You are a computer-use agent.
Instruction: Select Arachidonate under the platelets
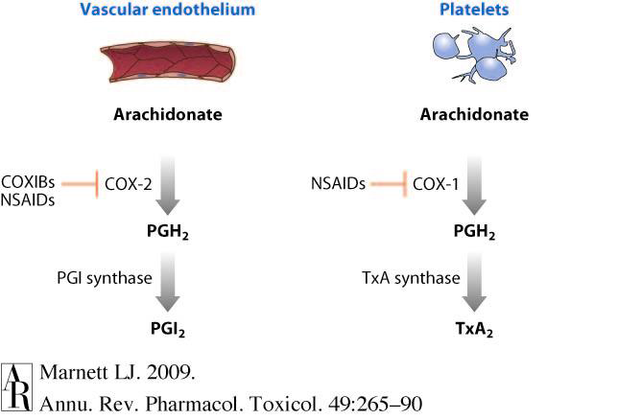pyautogui.click(x=474, y=115)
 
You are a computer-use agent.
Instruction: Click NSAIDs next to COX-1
pyautogui.click(x=338, y=180)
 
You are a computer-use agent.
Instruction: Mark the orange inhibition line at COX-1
pyautogui.click(x=388, y=180)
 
